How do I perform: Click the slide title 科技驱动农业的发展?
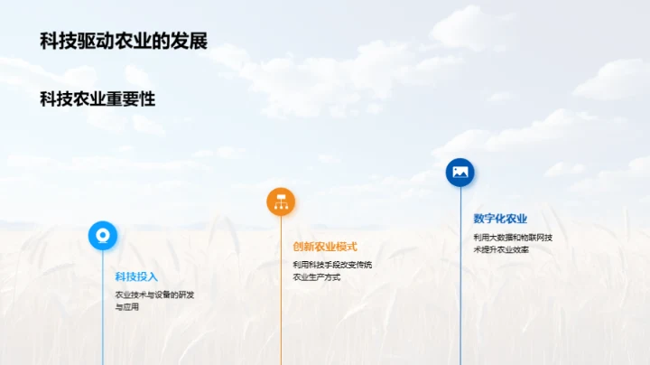coord(124,42)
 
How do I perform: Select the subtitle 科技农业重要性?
coord(97,99)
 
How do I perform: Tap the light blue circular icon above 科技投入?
coord(102,235)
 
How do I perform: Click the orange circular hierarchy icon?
coord(281,201)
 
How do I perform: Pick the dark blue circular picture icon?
coord(460,172)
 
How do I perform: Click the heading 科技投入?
coord(136,276)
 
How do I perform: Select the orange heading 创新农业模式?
coord(325,247)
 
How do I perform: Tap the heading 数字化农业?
coord(500,218)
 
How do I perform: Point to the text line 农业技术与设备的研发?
coord(154,295)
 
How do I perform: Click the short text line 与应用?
coord(126,307)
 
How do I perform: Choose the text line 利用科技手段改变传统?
coord(332,265)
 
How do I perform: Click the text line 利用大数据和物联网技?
coord(513,237)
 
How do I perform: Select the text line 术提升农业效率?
coord(501,249)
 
